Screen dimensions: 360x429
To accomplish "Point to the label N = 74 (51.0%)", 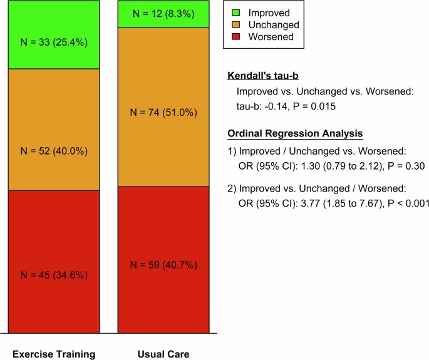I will (x=163, y=113).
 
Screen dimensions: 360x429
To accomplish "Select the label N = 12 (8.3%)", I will (x=163, y=14).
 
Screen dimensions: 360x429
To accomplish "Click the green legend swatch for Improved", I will (x=235, y=13).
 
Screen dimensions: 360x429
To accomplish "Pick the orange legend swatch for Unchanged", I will (x=235, y=25).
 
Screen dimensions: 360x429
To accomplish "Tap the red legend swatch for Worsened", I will (x=235, y=38).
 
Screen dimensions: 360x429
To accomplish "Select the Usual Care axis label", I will (x=163, y=354).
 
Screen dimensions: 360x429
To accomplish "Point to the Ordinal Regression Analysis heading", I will (x=295, y=133).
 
